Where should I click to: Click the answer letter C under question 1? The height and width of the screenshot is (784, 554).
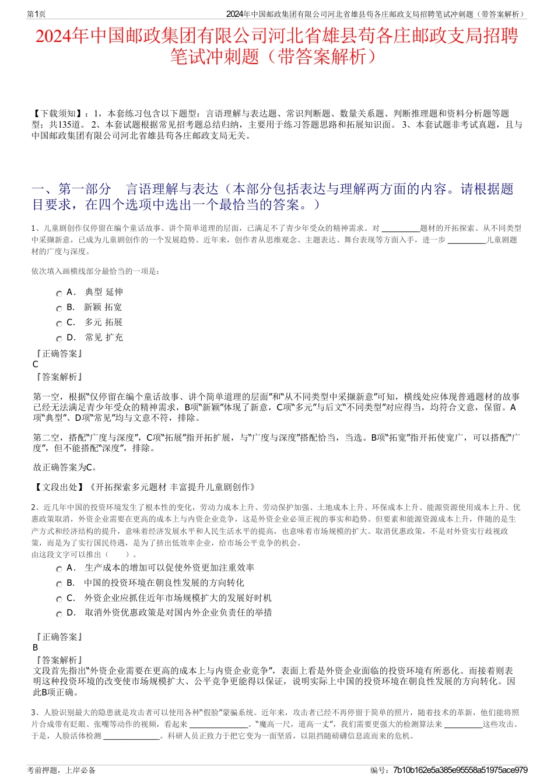point(36,364)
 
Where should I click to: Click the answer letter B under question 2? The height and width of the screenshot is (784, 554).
point(36,648)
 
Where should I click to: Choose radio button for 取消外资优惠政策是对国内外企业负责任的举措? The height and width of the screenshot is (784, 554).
point(59,614)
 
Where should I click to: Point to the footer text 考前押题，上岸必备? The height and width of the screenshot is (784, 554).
point(61,770)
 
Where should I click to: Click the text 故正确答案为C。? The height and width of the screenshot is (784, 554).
point(65,467)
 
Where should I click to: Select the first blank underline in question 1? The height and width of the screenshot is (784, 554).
point(400,228)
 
